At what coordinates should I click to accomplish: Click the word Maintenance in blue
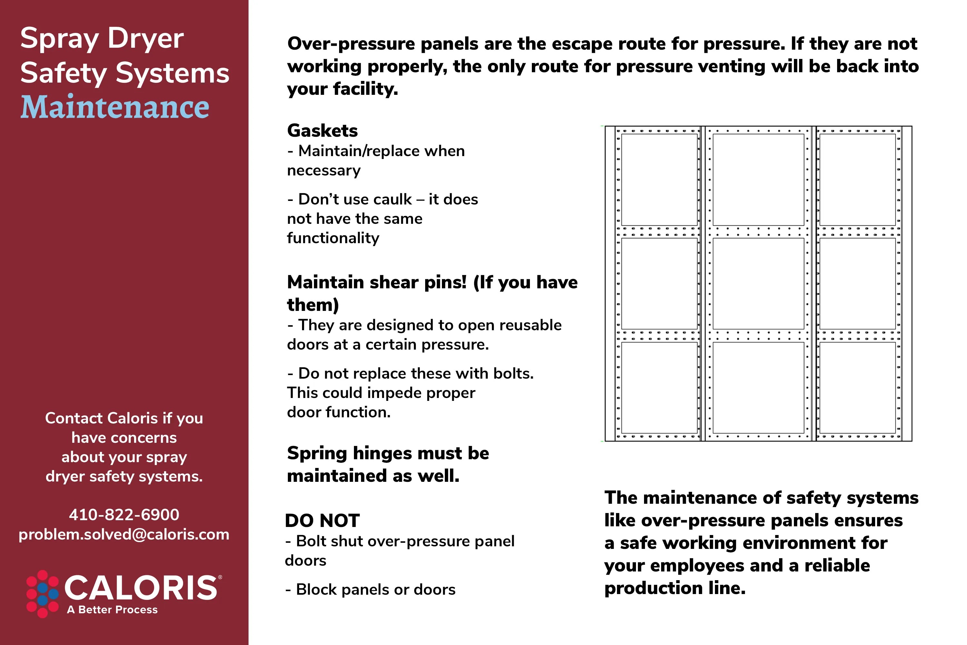tap(115, 107)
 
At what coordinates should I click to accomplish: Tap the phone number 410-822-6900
tap(124, 515)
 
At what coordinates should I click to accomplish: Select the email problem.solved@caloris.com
tap(124, 534)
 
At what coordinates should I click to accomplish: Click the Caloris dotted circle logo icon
tap(42, 594)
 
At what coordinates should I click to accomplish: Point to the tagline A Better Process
tap(112, 610)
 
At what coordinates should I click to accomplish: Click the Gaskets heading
tap(322, 131)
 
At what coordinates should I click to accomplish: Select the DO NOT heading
tap(322, 521)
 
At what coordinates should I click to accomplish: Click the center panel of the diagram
tap(758, 283)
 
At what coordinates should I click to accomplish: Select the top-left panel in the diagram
tap(659, 179)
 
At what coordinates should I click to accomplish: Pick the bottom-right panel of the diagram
tap(857, 388)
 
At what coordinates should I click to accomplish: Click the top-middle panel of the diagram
tap(758, 179)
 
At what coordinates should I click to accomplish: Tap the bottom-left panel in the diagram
tap(659, 388)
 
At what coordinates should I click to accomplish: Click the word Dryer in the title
tap(146, 39)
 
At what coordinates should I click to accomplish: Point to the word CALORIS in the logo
tap(141, 588)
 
